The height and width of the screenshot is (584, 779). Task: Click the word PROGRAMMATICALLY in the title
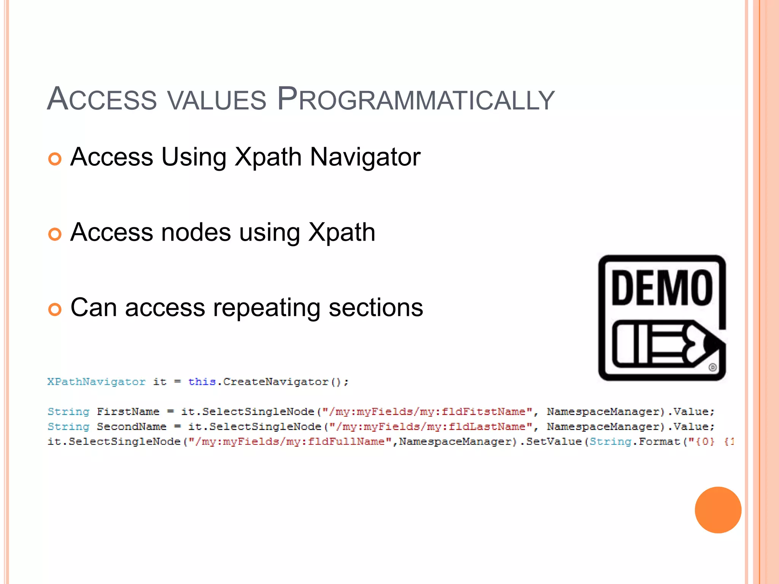click(416, 100)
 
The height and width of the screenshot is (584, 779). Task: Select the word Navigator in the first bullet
click(365, 157)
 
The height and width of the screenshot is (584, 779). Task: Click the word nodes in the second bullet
click(196, 232)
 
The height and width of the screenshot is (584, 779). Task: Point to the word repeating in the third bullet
click(266, 308)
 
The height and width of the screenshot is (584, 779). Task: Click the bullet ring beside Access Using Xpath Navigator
click(55, 159)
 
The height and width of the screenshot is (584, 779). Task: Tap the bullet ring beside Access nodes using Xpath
click(55, 234)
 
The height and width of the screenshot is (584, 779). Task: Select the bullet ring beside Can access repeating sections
click(55, 309)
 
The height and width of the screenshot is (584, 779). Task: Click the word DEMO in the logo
click(662, 288)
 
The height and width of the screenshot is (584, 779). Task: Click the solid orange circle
click(718, 510)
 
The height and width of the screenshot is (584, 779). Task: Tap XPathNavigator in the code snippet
click(96, 382)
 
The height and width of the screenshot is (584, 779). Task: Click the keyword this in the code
click(202, 382)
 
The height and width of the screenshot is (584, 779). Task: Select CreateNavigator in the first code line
click(276, 382)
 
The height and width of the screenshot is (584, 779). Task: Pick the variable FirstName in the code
click(128, 412)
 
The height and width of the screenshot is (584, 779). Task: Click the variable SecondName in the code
click(132, 427)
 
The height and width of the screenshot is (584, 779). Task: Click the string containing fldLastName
click(431, 427)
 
